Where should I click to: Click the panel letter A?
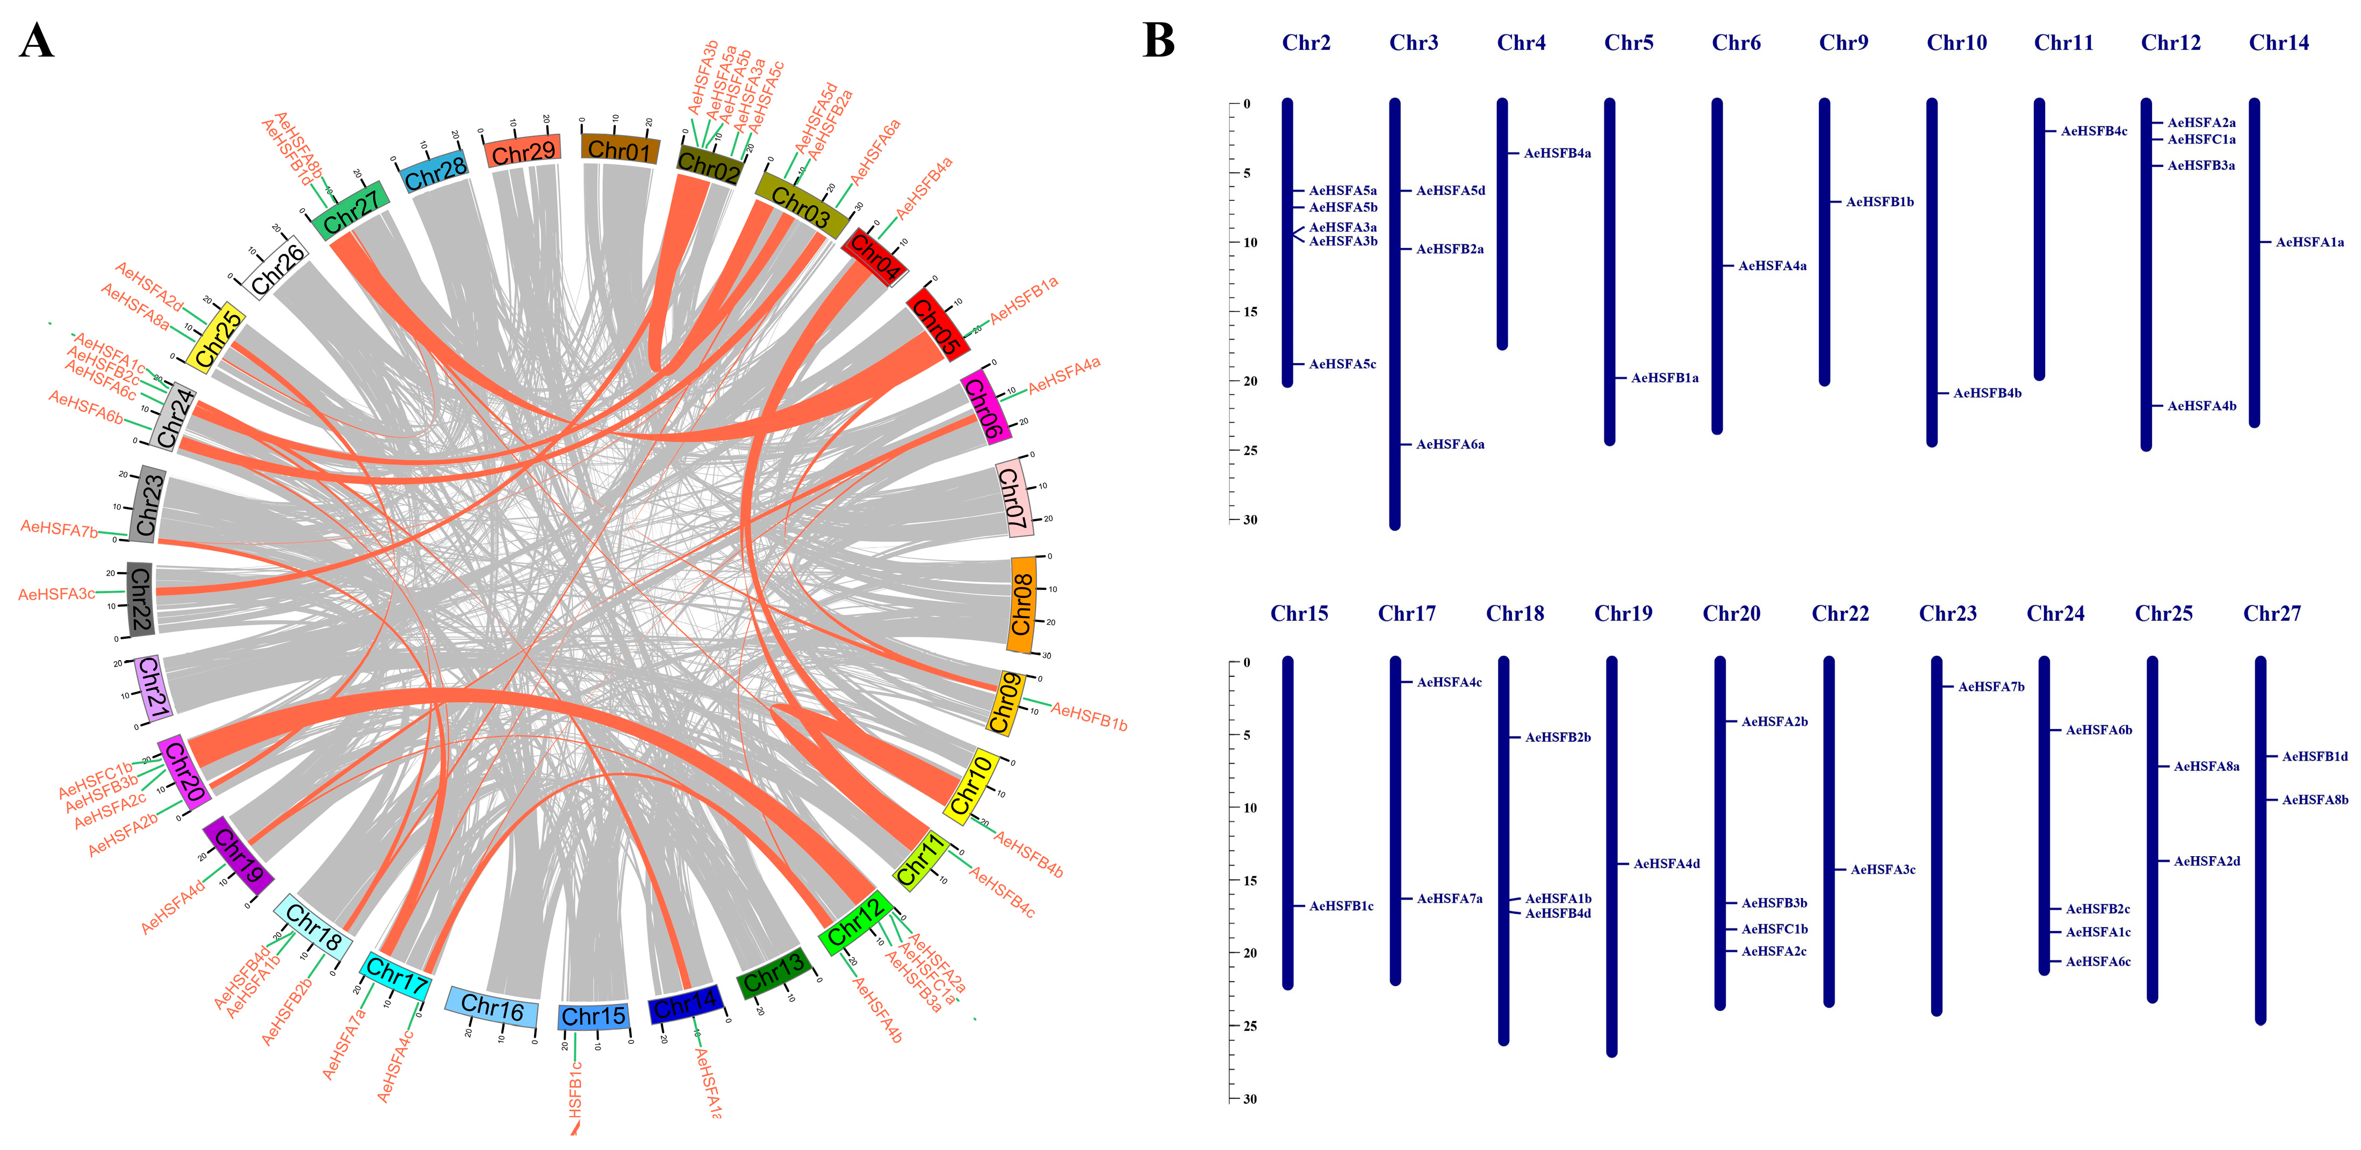point(36,41)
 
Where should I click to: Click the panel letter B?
point(1158,41)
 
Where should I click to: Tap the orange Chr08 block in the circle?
point(1023,605)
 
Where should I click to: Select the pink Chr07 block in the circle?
point(1013,500)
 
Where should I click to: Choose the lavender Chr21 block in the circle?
point(152,687)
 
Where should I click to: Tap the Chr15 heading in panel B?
point(1299,614)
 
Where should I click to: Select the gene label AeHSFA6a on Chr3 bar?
point(1450,444)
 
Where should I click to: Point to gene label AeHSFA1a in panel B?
point(2309,243)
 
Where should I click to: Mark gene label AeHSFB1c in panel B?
point(1341,906)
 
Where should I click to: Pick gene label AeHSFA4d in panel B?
point(1666,864)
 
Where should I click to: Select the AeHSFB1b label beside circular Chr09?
point(1089,717)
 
